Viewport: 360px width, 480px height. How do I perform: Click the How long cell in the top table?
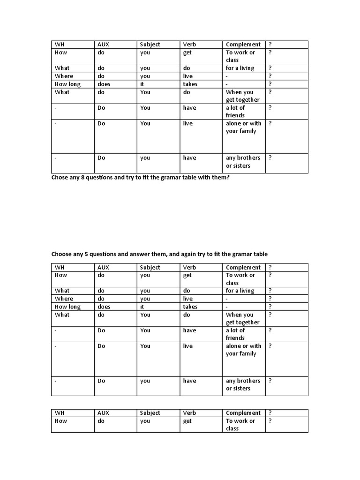[67, 84]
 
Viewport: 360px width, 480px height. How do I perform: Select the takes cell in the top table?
[190, 84]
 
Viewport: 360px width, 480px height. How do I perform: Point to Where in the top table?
[64, 76]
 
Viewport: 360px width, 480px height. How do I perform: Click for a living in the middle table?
[240, 291]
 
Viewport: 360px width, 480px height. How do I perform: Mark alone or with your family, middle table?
[243, 350]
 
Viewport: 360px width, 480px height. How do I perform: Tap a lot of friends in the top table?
[235, 112]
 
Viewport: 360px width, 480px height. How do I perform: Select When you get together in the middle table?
[242, 319]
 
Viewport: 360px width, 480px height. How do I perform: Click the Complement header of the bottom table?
[243, 413]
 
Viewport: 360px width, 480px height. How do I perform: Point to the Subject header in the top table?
[150, 45]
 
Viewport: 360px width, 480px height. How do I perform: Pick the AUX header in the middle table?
[103, 268]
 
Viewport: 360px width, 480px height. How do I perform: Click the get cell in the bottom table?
[187, 421]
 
